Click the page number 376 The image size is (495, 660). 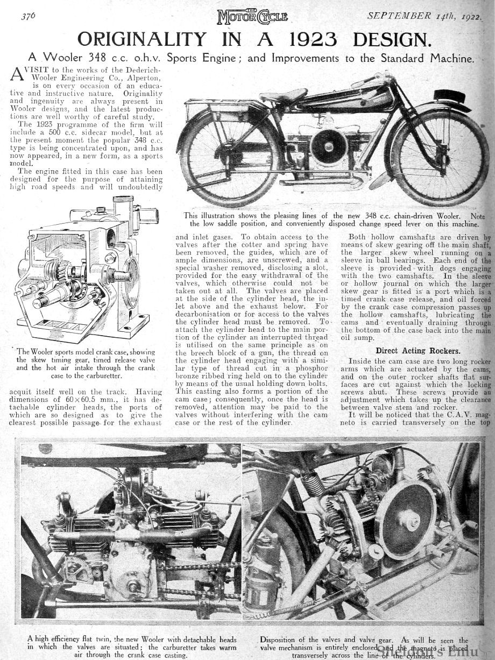click(28, 16)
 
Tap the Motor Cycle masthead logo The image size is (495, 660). click(252, 17)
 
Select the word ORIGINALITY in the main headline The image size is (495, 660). click(142, 39)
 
